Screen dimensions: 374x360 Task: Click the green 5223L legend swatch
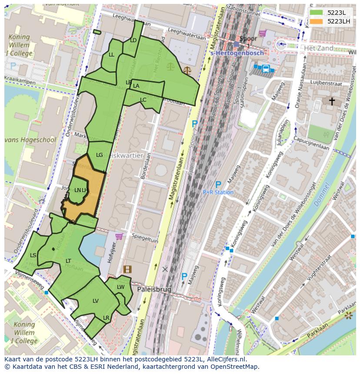(x=316, y=13)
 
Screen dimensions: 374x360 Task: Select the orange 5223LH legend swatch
(x=316, y=21)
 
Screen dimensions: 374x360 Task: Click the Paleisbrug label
(x=154, y=289)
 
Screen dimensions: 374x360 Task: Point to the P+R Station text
(x=218, y=192)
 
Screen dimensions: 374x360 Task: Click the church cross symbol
(x=332, y=101)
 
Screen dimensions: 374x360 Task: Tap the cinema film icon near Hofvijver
(x=127, y=269)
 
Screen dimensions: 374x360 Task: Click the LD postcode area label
(x=133, y=40)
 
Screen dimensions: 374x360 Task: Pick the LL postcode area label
(x=112, y=55)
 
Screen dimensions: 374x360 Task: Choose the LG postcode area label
(x=100, y=155)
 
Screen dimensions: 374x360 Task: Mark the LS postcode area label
(x=33, y=255)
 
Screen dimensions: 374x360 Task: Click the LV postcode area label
(x=96, y=301)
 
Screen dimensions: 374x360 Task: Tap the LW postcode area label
(x=121, y=287)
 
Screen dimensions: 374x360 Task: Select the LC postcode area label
(x=143, y=100)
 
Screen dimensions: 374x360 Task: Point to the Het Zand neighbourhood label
(x=319, y=48)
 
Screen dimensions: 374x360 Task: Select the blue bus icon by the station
(x=265, y=68)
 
